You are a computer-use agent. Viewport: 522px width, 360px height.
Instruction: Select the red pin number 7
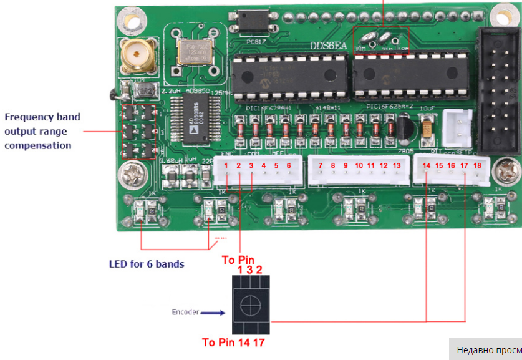pyautogui.click(x=320, y=165)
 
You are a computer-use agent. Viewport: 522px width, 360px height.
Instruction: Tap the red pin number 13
pyautogui.click(x=396, y=165)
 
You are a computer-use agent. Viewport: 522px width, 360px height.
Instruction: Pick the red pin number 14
pyautogui.click(x=427, y=165)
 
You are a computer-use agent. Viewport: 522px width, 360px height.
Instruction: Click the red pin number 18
pyautogui.click(x=477, y=165)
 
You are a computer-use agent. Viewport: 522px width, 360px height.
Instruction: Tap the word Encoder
pyautogui.click(x=185, y=312)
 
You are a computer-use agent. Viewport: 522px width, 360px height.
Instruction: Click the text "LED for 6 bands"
pyautogui.click(x=147, y=264)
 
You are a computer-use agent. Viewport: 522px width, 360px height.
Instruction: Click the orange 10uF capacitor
pyautogui.click(x=428, y=128)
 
